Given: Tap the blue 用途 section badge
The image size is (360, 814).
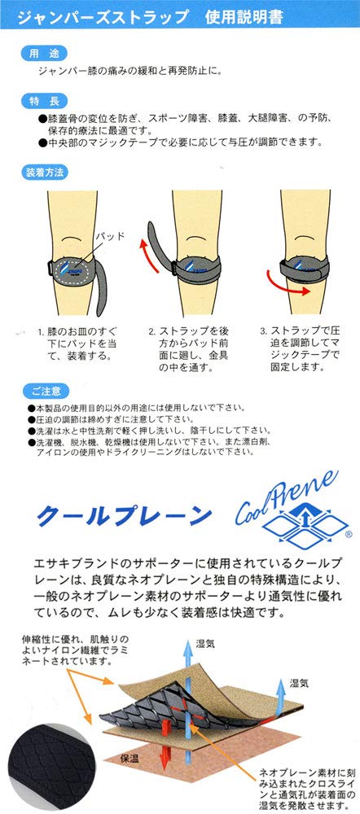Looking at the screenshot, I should [x=38, y=53].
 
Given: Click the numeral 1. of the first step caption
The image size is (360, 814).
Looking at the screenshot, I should [x=42, y=332].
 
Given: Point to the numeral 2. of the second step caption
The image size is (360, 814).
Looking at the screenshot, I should [x=152, y=332].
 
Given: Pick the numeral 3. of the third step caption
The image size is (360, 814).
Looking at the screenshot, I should [x=263, y=332].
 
